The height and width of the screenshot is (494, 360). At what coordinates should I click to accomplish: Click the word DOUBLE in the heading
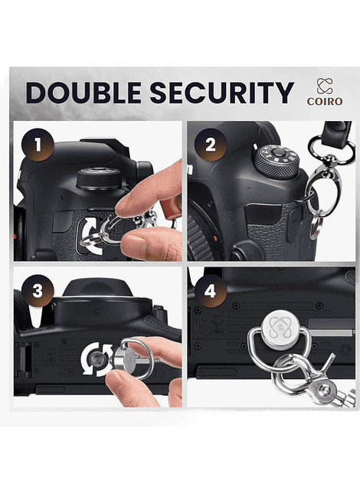(x=83, y=93)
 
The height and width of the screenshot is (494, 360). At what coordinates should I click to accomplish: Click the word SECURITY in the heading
(x=221, y=93)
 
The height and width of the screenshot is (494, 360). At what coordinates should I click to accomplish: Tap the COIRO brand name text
(x=325, y=101)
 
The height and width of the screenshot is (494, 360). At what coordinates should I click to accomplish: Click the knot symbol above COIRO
(x=325, y=86)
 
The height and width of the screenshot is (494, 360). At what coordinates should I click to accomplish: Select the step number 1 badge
(x=38, y=145)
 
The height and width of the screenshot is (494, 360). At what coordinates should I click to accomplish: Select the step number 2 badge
(x=211, y=145)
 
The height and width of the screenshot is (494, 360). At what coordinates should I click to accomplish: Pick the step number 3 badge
(x=38, y=291)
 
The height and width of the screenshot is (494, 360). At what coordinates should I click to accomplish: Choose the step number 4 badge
(x=210, y=291)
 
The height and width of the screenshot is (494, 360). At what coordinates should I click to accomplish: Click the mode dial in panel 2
(x=277, y=161)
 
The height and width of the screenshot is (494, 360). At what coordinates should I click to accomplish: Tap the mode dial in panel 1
(x=100, y=178)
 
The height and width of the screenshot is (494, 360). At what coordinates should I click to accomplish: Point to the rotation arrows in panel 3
(x=97, y=360)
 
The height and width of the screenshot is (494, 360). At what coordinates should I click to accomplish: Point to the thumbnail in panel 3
(x=117, y=379)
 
